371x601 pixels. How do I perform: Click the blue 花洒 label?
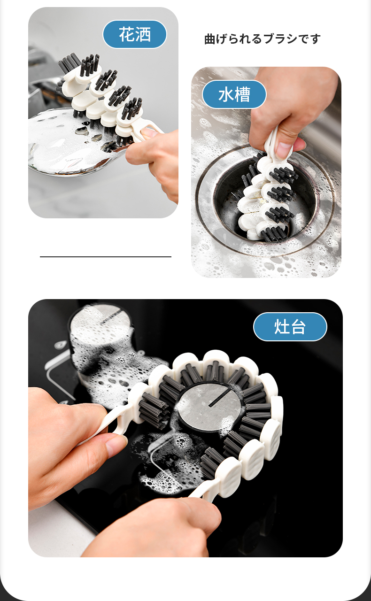pyautogui.click(x=135, y=34)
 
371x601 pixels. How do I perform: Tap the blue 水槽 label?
pyautogui.click(x=234, y=94)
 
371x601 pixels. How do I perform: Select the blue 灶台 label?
pyautogui.click(x=290, y=327)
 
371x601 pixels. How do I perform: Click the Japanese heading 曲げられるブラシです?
pyautogui.click(x=262, y=39)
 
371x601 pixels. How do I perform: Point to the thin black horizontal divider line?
pyautogui.click(x=106, y=257)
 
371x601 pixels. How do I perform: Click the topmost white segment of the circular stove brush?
pyautogui.click(x=215, y=358)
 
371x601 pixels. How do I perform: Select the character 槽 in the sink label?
pyautogui.click(x=242, y=94)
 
